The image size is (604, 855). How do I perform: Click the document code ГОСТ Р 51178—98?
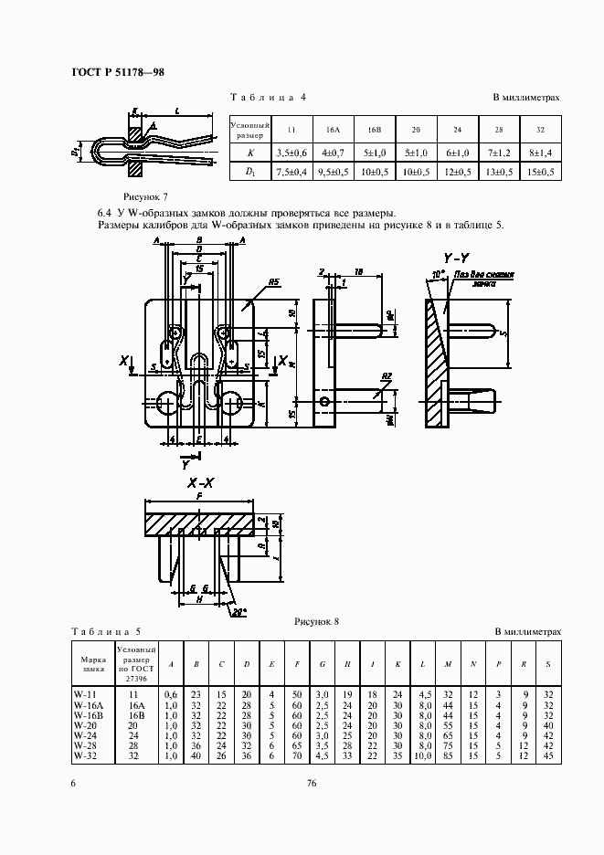tap(117, 73)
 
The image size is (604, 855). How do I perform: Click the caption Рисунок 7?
tap(145, 196)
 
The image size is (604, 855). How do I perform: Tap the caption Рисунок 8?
tap(316, 621)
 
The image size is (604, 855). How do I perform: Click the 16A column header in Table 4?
tap(333, 130)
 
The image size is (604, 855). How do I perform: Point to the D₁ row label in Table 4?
tap(249, 172)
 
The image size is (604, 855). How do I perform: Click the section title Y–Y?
tap(457, 258)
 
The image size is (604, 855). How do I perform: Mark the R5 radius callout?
tap(273, 283)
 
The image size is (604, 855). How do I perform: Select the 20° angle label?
tap(239, 611)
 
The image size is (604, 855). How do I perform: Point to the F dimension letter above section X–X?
tap(198, 497)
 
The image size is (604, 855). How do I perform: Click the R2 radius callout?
tap(387, 376)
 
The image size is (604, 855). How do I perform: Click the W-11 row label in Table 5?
tap(85, 695)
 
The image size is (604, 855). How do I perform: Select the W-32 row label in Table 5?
tap(85, 755)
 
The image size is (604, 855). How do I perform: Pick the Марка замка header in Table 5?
tap(92, 663)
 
